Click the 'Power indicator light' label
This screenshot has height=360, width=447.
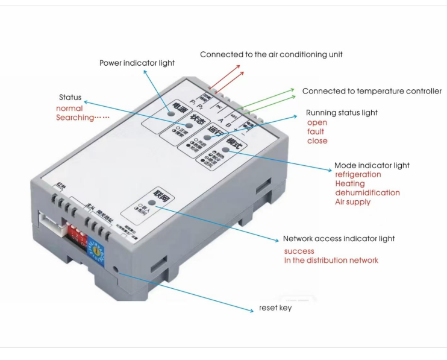pos(137,63)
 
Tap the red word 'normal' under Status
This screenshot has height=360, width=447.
pos(69,109)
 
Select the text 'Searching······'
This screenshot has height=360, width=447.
pos(83,118)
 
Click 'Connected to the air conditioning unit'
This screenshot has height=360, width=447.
pos(271,54)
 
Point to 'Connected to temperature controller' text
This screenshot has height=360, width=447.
pos(372,91)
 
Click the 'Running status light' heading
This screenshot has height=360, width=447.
pos(342,113)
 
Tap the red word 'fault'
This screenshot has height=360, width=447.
pos(316,131)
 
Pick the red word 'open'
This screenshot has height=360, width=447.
pos(317,122)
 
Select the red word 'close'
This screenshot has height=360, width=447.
pos(317,141)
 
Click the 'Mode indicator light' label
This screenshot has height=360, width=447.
pos(372,165)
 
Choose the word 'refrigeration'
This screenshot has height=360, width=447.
pos(358,174)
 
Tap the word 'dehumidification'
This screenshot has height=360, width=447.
pos(367,192)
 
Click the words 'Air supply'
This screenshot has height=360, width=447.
pos(352,201)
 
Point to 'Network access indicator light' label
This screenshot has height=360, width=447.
pos(339,239)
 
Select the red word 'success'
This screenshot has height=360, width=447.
pos(299,251)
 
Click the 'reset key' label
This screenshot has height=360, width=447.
pos(275,308)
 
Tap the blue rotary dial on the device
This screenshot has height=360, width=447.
pos(95,247)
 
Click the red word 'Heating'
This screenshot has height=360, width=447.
pos(349,183)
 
